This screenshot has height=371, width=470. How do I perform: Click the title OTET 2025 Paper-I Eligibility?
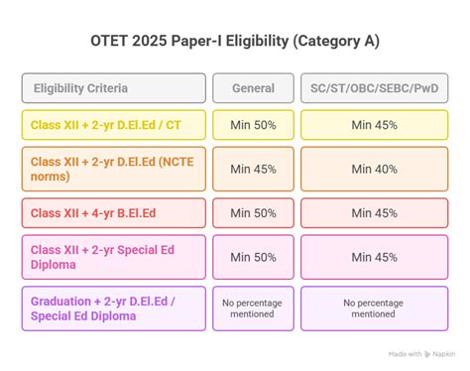coord(234,41)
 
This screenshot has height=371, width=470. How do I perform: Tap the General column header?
coord(253,88)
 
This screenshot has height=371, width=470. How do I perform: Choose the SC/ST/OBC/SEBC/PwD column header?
coord(373,88)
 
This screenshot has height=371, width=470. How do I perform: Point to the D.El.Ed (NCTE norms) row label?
coord(114,169)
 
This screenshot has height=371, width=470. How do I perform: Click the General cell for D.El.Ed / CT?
coord(253,125)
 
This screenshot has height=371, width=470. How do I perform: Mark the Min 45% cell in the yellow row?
coord(373,125)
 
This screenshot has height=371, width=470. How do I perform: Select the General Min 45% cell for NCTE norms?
coord(253,169)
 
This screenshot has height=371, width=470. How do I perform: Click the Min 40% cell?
coord(373,169)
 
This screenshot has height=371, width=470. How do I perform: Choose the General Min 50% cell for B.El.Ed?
coord(253,212)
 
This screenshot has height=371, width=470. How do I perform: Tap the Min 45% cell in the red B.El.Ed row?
coord(373,212)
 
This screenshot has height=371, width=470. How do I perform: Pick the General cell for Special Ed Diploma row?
coord(253,256)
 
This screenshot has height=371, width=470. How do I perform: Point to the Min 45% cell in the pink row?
coord(373,256)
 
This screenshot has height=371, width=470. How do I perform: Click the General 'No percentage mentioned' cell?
coord(253,309)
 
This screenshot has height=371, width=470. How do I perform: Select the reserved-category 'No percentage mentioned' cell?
coord(373,309)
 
